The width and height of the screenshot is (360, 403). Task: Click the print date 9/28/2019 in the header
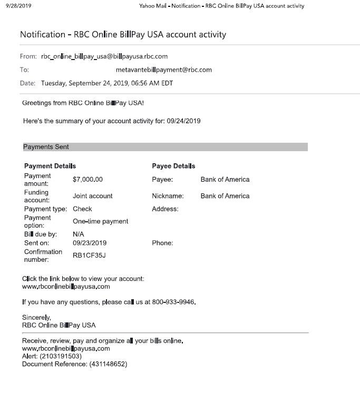coord(18,6)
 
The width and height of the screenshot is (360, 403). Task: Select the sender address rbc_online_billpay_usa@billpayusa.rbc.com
coord(104,56)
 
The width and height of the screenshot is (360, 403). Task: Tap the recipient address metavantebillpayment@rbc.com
coord(163,70)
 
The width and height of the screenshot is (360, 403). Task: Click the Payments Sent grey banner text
coord(46,147)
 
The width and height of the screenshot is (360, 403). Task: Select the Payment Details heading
coord(50,166)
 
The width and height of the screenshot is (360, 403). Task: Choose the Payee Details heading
coord(173,166)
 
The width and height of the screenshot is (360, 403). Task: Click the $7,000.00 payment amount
coord(87,180)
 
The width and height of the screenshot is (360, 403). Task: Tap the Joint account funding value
coord(92,196)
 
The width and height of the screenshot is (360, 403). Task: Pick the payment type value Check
coord(82,209)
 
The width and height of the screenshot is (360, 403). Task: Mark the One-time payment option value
coord(100,221)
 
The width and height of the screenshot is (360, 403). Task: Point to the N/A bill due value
coord(79,234)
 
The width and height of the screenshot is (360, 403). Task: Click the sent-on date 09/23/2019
coord(90,243)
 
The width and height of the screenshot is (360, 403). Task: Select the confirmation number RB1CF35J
coord(89,255)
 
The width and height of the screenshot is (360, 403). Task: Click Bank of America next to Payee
coord(225,180)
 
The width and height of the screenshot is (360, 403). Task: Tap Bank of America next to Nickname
coord(225,196)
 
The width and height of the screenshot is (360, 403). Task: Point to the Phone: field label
coord(162,243)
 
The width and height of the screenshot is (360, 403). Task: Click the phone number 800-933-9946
coord(173,302)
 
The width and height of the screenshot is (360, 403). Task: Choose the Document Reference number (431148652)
coord(108,364)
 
